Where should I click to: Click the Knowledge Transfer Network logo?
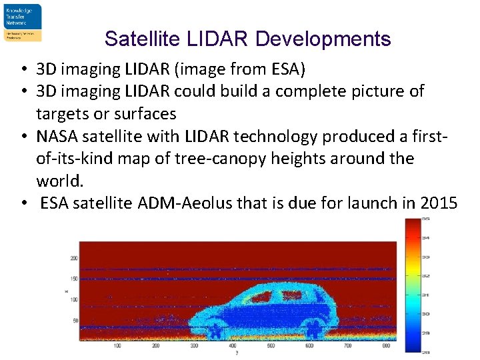click(23, 22)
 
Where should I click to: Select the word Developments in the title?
click(323, 39)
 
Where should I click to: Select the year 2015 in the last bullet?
click(439, 203)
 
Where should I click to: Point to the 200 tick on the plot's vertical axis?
click(74, 258)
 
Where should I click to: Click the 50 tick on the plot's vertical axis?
click(75, 321)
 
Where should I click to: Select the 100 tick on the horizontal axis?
click(117, 345)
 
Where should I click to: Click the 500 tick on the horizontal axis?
click(270, 345)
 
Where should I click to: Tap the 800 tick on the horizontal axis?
click(385, 345)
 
